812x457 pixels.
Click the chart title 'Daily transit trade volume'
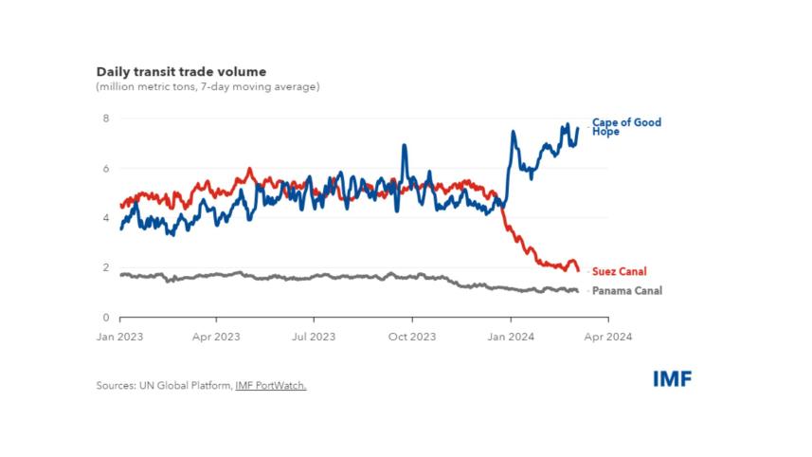coord(181,71)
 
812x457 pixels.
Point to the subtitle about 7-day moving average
coord(208,87)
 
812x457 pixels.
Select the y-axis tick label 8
coord(106,119)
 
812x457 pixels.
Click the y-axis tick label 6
coord(106,169)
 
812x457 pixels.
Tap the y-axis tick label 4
coord(106,218)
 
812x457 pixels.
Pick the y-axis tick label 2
coord(106,268)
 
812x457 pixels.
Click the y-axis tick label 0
coord(106,318)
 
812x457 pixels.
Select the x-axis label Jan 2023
coord(118,336)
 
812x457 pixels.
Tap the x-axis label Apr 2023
coord(216,336)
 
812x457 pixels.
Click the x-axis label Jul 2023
coord(314,336)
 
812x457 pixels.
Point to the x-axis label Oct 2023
coord(412,336)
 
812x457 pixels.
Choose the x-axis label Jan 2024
coord(510,336)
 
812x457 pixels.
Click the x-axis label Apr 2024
coord(607,336)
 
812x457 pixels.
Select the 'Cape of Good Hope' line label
coord(625,127)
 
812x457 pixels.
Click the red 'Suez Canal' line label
coord(619,271)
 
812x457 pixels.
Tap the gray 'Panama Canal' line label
coord(626,291)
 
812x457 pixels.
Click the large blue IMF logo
coord(672,379)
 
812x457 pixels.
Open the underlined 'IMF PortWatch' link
coord(271,386)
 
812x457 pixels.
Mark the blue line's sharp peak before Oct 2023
coord(405,146)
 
